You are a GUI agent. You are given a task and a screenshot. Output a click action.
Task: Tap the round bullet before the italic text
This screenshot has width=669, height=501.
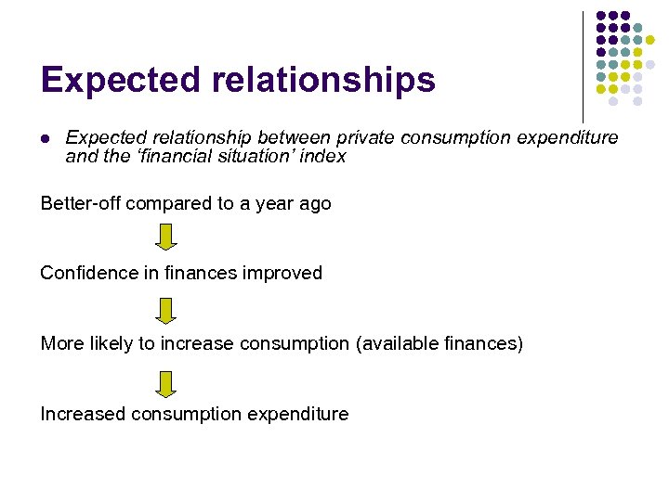(45, 138)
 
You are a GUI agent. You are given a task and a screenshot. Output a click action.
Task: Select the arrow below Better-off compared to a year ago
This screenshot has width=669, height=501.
(165, 238)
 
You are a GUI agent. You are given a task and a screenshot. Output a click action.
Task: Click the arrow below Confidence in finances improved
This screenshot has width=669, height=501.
(165, 309)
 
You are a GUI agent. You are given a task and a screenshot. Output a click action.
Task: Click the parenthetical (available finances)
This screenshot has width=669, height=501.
(439, 344)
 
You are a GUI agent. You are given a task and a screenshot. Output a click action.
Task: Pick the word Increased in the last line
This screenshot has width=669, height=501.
(83, 415)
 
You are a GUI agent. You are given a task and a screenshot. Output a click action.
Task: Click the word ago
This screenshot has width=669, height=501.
(314, 204)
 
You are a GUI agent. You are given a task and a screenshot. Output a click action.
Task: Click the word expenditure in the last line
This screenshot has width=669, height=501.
(298, 415)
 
